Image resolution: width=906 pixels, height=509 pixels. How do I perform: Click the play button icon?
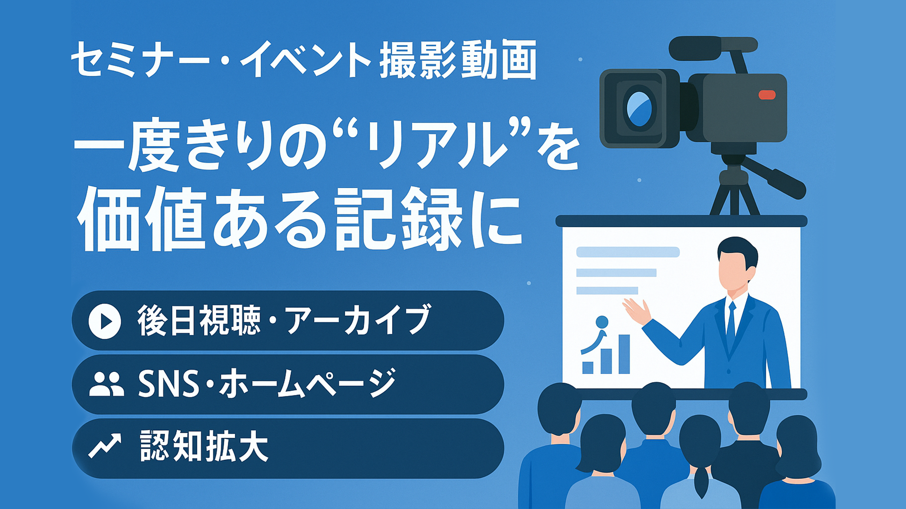pos(105,321)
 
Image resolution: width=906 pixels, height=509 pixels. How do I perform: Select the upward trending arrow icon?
pos(105,445)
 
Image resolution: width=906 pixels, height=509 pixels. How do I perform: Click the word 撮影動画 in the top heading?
pos(458,60)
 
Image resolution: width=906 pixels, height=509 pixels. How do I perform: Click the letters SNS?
pos(168,384)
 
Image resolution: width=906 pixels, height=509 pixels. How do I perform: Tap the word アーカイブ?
pos(358,320)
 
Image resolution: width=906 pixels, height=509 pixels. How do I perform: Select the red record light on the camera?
pos(767,95)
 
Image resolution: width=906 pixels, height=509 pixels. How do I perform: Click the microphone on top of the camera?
pos(713,48)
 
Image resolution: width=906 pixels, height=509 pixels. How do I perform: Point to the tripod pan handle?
pos(774,178)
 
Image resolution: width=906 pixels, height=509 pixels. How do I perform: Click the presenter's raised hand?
pos(637,311)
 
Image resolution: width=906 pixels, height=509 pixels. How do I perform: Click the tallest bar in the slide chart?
pos(624,354)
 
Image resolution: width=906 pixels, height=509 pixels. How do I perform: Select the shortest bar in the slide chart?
pos(587,368)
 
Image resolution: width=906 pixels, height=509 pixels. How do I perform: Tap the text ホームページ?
pos(307,384)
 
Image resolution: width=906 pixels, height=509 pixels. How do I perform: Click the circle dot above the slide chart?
pos(602,322)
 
